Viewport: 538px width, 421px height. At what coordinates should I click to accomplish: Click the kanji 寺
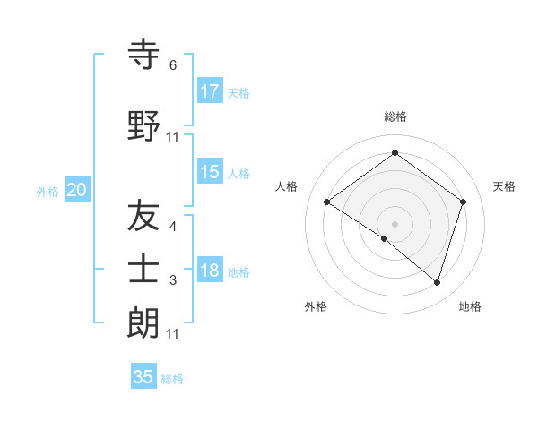[x=144, y=55]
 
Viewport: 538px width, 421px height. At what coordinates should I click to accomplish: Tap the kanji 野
[x=144, y=125]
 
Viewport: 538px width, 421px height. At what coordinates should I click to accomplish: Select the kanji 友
[x=144, y=216]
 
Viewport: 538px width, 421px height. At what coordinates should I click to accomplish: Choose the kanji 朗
[x=144, y=322]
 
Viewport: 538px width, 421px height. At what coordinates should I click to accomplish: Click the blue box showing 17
[x=210, y=91]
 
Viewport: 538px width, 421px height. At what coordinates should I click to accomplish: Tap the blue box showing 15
[x=210, y=172]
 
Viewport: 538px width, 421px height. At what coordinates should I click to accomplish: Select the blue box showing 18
[x=210, y=271]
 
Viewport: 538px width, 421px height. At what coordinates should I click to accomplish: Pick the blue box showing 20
[x=77, y=190]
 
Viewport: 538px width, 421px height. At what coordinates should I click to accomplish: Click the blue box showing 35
[x=143, y=377]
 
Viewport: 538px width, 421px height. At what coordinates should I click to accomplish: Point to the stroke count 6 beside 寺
[x=173, y=65]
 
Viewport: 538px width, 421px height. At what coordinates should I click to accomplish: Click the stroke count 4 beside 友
[x=173, y=227]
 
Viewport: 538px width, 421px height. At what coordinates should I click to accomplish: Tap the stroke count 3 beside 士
[x=173, y=280]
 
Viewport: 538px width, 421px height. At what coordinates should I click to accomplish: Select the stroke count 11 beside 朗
[x=173, y=333]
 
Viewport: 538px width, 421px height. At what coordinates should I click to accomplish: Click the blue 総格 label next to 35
[x=172, y=379]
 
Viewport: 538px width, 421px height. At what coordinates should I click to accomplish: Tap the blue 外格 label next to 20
[x=48, y=191]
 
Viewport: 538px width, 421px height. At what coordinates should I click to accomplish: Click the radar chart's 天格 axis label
[x=504, y=186]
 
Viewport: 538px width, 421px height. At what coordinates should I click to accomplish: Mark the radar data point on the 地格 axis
[x=437, y=282]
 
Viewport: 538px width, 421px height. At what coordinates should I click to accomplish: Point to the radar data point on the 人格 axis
[x=326, y=202]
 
